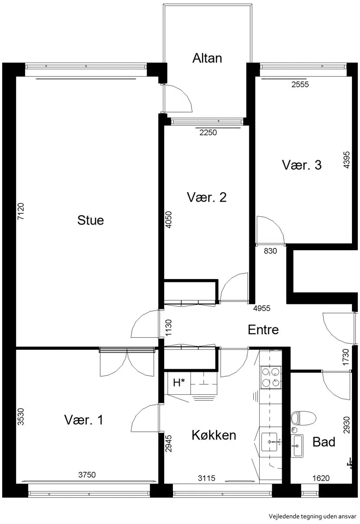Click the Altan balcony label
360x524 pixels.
207,58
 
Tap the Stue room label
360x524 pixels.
90,220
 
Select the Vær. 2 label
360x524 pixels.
207,197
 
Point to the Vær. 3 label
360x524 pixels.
302,165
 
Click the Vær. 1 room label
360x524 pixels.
84,420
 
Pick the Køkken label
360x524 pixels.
214,435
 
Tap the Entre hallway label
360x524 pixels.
263,330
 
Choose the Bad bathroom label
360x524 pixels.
324,442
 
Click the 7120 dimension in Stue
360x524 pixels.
21,211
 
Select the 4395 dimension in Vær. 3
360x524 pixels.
346,160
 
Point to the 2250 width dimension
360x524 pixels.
208,133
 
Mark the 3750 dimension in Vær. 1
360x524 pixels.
87,474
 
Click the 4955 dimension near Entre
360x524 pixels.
262,308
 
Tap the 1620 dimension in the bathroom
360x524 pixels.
321,478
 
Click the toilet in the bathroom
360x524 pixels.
303,418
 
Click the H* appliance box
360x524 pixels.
180,383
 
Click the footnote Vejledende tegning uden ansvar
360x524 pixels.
313,516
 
